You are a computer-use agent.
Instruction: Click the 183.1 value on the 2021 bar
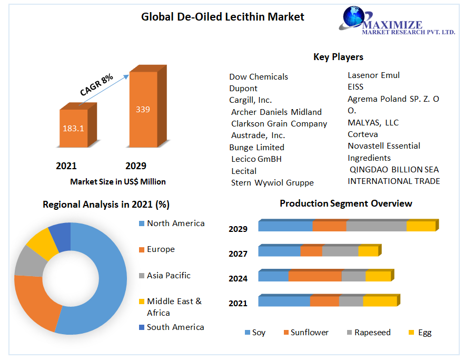[x=74, y=128]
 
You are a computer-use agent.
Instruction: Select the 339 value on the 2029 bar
[x=143, y=110]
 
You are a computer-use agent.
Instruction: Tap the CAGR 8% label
[x=96, y=85]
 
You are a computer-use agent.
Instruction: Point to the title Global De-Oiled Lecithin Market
[x=222, y=17]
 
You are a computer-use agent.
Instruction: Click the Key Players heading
[x=338, y=57]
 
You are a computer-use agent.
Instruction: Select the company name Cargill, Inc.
[x=250, y=100]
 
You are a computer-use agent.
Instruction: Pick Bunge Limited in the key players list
[x=256, y=147]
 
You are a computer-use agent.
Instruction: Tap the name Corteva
[x=362, y=134]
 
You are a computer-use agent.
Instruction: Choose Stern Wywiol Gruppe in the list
[x=272, y=183]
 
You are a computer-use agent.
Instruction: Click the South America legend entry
[x=175, y=327]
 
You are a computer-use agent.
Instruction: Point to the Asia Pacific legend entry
[x=169, y=276]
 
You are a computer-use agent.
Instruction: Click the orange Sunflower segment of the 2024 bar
[x=315, y=276]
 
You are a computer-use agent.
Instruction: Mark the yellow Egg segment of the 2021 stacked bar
[x=379, y=301]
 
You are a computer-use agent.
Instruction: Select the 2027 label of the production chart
[x=238, y=254]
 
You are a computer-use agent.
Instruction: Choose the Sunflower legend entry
[x=309, y=333]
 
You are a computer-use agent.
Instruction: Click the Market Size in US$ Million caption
[x=118, y=182]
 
